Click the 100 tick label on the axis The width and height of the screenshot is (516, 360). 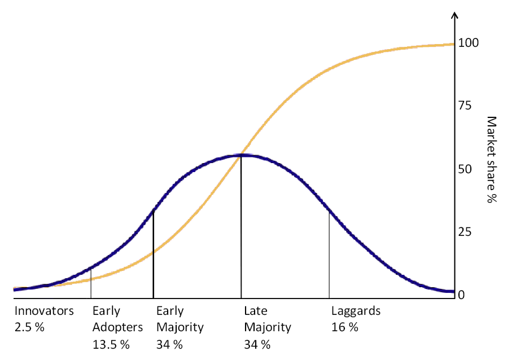click(x=468, y=43)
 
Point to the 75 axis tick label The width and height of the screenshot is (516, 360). click(x=465, y=106)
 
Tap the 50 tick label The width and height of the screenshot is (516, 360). click(x=465, y=169)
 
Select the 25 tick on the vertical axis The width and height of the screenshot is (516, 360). click(x=465, y=232)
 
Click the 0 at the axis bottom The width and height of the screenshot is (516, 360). click(x=461, y=295)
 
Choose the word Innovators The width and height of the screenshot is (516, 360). click(x=44, y=311)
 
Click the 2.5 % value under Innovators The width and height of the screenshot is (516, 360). click(x=29, y=327)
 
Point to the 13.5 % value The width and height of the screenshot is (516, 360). click(x=111, y=344)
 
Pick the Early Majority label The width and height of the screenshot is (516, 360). click(x=180, y=319)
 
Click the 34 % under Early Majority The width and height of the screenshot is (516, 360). click(x=170, y=344)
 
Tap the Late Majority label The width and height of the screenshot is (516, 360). click(x=267, y=319)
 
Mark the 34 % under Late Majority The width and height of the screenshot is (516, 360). click(x=257, y=344)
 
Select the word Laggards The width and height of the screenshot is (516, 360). click(x=356, y=311)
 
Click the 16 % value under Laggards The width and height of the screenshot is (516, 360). click(x=344, y=327)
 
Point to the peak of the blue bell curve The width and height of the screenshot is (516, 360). click(x=242, y=155)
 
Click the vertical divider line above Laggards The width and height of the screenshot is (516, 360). click(x=329, y=254)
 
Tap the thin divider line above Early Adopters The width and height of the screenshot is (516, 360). click(x=91, y=282)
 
